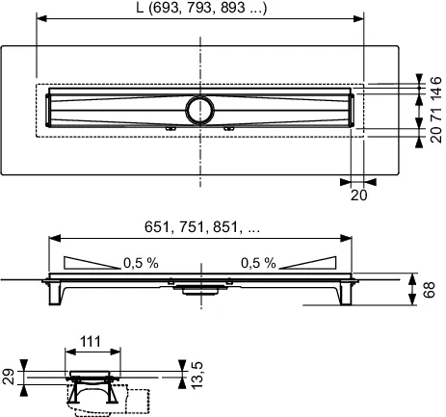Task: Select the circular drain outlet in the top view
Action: pos(202,108)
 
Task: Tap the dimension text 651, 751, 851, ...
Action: pos(198,230)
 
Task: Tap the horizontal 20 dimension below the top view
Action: pos(358,194)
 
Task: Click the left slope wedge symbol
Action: pos(92,263)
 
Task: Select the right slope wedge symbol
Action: pos(310,263)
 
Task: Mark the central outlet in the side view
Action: pos(200,285)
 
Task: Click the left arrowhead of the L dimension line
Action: pos(39,18)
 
